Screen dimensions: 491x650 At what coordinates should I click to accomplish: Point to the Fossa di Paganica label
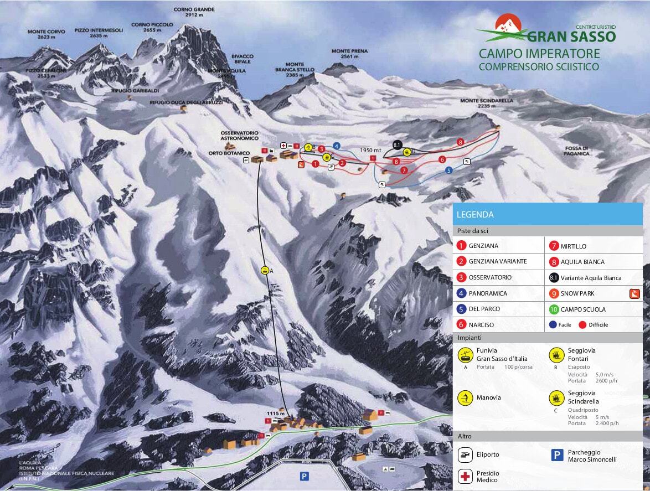point(577,151)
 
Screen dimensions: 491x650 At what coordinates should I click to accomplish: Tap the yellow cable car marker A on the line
point(265,271)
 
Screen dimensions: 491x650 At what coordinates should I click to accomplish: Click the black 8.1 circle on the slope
point(396,145)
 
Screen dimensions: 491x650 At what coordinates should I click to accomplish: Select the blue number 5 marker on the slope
point(449,170)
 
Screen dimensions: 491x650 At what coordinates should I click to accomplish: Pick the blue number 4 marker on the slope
point(336,146)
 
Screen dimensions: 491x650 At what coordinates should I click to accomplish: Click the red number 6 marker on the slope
point(442,159)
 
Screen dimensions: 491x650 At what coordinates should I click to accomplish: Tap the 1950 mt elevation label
point(370,150)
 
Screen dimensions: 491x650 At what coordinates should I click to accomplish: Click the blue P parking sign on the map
point(304,476)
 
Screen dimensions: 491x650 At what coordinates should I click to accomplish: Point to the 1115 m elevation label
point(275,414)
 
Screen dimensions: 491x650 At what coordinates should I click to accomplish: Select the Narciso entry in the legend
point(481,325)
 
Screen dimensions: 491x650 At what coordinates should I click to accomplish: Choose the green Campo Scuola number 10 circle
point(554,309)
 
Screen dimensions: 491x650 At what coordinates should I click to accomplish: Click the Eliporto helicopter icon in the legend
point(465,454)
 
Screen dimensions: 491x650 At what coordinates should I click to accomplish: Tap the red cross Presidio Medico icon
point(465,476)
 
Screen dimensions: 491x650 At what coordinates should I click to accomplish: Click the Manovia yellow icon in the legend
point(465,397)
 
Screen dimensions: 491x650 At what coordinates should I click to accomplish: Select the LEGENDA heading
point(475,214)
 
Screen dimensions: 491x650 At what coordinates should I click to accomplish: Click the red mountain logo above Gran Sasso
point(508,24)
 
